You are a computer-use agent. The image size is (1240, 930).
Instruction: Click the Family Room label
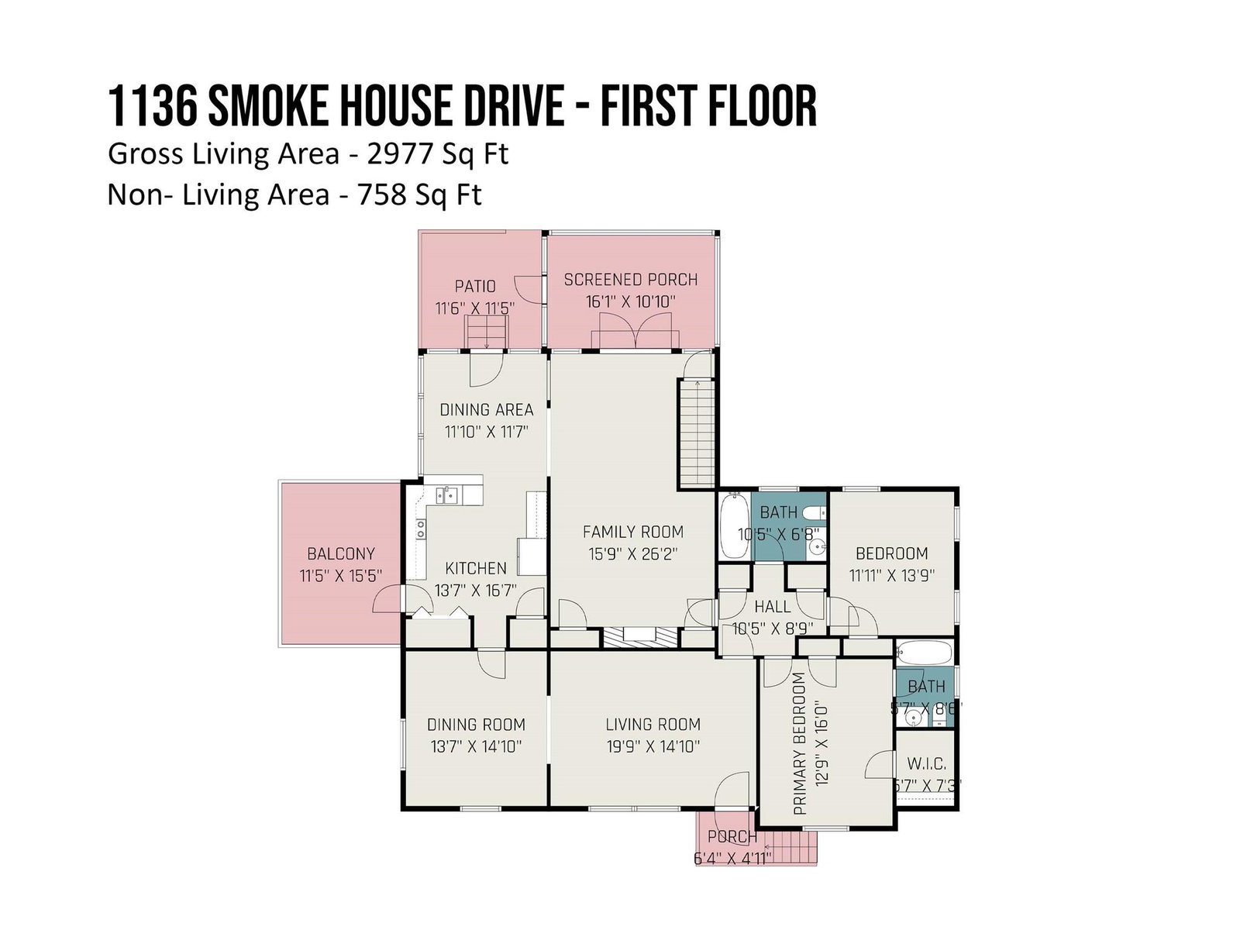632,532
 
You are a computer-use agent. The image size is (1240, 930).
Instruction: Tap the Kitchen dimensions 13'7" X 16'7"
475,590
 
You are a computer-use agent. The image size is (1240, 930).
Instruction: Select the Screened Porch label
630,280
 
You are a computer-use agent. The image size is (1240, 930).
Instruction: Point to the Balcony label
341,553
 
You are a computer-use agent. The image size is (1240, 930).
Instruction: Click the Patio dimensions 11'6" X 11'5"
474,308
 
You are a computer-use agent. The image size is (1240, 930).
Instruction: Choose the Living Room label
653,724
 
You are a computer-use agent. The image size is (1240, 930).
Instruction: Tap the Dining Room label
476,724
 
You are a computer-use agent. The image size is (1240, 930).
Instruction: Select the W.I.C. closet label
926,763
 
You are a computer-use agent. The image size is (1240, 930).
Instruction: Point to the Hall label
772,607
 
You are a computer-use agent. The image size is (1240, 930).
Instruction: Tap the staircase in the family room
697,433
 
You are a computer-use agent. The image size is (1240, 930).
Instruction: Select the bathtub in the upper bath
734,525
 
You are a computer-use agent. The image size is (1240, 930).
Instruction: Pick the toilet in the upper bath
814,513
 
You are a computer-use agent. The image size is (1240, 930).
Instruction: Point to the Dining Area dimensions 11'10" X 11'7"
486,432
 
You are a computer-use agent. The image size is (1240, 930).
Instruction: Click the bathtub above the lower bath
924,653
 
